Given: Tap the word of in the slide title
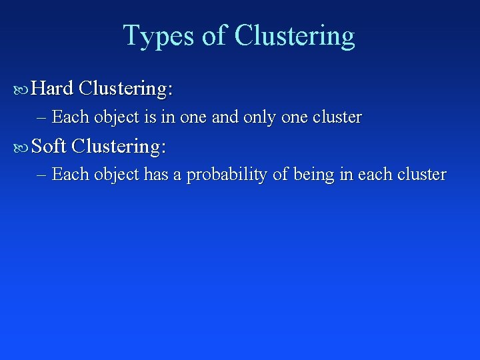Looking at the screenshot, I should [214, 36].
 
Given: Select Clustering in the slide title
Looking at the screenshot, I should [295, 36].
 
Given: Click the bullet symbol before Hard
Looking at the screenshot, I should [22, 89].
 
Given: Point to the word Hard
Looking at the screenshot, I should [52, 88].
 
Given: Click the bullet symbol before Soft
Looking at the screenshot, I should [22, 146].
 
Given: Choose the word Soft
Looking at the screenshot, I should [49, 145].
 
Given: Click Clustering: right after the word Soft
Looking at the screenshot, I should [118, 145].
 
